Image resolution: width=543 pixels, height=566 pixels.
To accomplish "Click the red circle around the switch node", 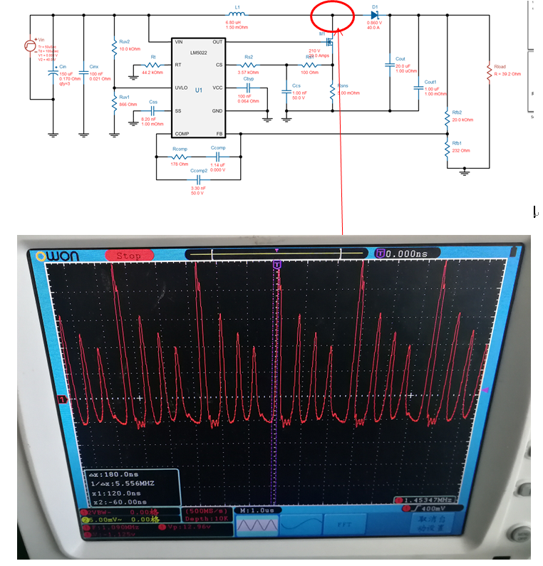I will pyautogui.click(x=332, y=16).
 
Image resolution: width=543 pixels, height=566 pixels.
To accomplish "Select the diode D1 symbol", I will pyautogui.click(x=374, y=14).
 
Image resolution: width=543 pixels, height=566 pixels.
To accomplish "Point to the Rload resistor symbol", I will pyautogui.click(x=489, y=72).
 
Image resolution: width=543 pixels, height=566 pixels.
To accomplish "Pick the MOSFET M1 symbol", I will pyautogui.click(x=329, y=41).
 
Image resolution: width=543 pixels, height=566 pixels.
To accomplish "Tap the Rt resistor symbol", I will pyautogui.click(x=155, y=65).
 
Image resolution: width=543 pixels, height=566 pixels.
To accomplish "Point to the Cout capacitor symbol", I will pyautogui.click(x=390, y=65).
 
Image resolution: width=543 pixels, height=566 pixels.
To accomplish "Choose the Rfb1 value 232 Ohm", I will pyautogui.click(x=460, y=150).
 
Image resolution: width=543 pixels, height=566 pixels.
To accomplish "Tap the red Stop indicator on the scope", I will pyautogui.click(x=133, y=255).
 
